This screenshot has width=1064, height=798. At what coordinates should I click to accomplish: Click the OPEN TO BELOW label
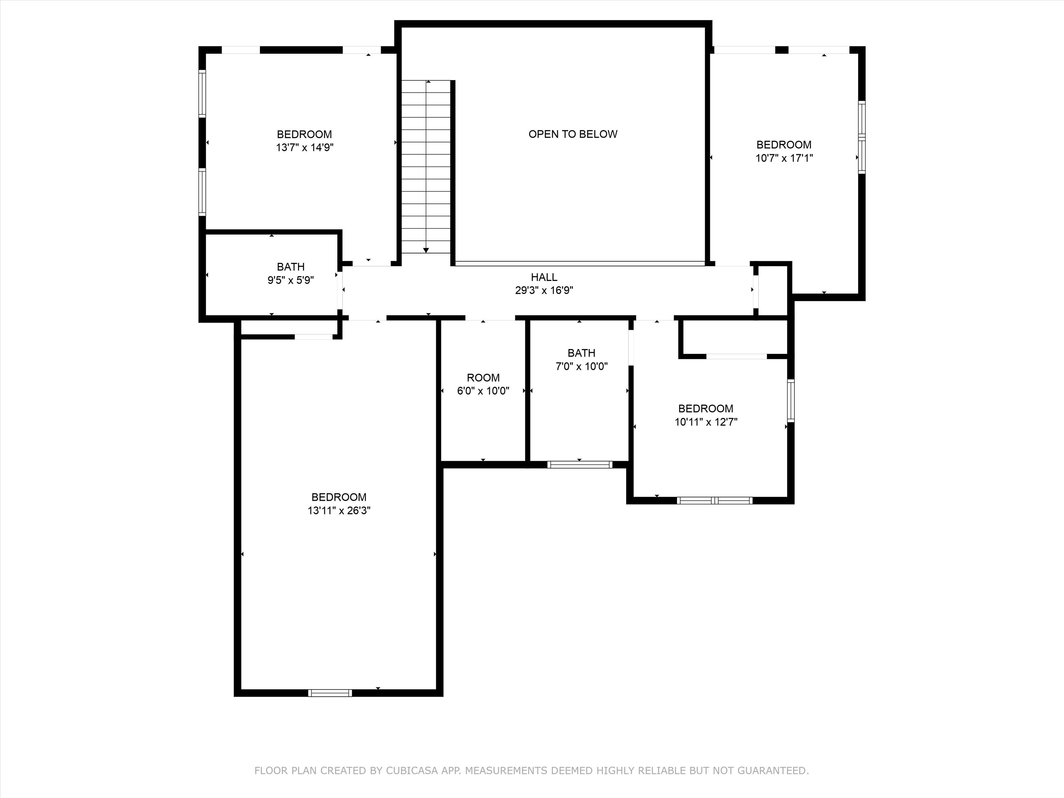pos(572,134)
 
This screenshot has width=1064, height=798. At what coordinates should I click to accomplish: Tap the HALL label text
pos(544,277)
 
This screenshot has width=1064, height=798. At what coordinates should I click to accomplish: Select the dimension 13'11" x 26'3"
pos(339,511)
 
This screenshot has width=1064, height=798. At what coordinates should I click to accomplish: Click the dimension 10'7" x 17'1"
pos(784,158)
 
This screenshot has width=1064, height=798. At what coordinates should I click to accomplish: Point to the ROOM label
pos(483,378)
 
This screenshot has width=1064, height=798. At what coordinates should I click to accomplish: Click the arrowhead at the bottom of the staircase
pos(426,250)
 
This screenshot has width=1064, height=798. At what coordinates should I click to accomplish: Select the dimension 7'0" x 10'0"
pos(582,366)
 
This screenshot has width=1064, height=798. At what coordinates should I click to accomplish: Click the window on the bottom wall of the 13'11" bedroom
pos(330,693)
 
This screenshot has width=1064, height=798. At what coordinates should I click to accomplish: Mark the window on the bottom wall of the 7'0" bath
pos(580,464)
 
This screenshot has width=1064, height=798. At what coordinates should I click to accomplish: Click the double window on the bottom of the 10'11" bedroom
pos(714,500)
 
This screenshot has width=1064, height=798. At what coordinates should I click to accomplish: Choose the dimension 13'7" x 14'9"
pos(304,148)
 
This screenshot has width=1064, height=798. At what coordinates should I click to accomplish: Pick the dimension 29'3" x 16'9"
pos(544,290)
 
